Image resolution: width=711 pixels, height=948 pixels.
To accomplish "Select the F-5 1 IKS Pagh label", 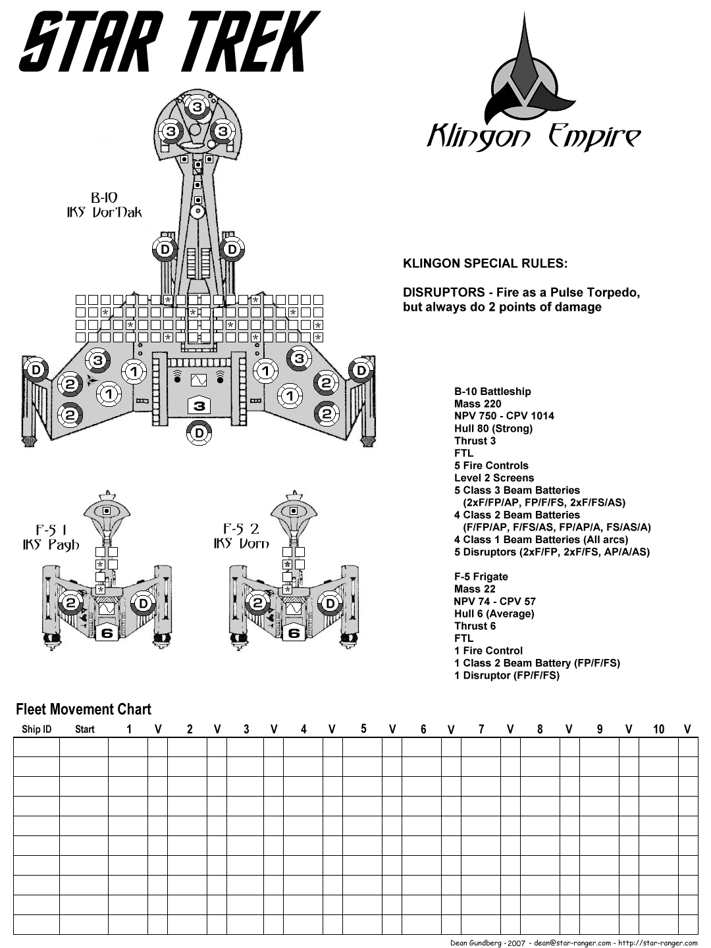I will [x=49, y=537].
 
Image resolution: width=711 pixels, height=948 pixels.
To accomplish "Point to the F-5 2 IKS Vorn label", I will [x=241, y=536].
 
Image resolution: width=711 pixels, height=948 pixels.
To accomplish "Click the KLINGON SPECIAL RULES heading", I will [x=485, y=264].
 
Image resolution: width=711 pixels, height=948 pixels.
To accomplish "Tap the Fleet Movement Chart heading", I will [x=84, y=709].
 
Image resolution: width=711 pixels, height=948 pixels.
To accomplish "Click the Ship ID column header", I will [x=36, y=729].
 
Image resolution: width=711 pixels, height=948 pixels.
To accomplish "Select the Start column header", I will [x=85, y=729].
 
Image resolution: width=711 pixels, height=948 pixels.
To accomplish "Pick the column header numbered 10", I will [x=658, y=729].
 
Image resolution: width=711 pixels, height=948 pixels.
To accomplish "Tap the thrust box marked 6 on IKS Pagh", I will [x=105, y=633].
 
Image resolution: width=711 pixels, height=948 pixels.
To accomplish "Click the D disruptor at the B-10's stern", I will [x=198, y=433].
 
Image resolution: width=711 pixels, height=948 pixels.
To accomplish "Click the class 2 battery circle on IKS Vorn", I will [x=258, y=603].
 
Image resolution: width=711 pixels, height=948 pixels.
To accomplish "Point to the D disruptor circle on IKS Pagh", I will [x=142, y=603].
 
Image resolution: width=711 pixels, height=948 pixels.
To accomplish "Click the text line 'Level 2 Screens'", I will [x=494, y=478].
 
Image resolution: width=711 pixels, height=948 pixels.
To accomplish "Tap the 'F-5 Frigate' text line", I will [x=481, y=577].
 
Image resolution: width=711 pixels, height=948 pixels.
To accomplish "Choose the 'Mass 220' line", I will [x=477, y=404].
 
